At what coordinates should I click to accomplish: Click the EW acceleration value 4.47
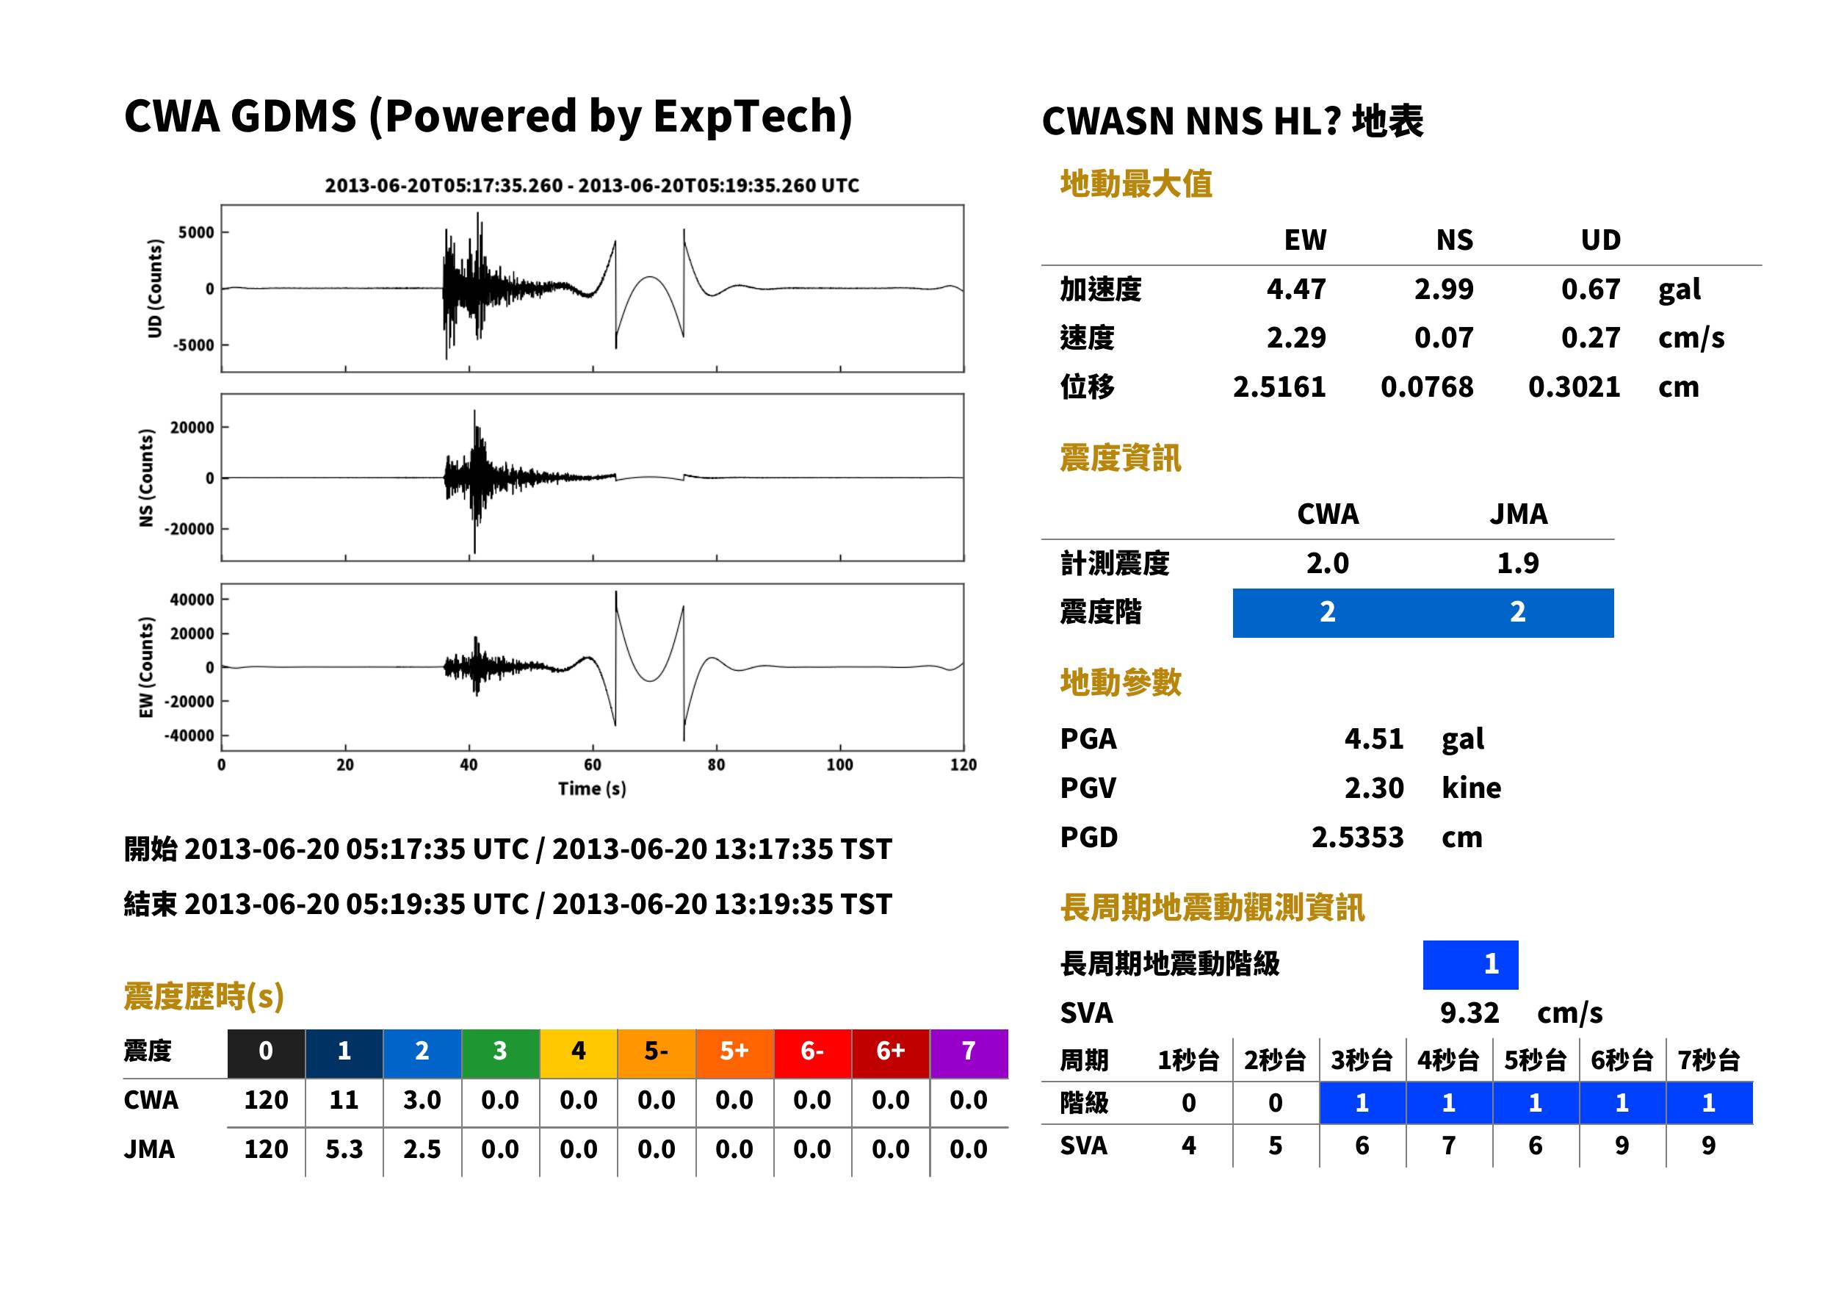click(1295, 289)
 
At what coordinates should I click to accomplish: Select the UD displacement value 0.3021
click(1574, 386)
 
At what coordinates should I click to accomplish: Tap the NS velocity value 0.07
click(1443, 337)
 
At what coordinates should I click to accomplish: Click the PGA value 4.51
click(1373, 738)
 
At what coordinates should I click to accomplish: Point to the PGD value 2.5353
click(1357, 837)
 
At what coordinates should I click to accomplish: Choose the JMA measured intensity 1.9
click(1517, 563)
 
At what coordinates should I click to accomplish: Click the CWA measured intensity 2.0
click(1328, 563)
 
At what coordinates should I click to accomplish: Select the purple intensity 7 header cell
click(969, 1051)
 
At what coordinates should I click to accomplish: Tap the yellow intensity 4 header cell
click(579, 1051)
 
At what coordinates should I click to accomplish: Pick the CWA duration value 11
click(344, 1100)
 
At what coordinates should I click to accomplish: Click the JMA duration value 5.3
click(344, 1150)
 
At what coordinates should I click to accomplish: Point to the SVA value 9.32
click(1469, 1013)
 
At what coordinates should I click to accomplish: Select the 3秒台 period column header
click(1362, 1060)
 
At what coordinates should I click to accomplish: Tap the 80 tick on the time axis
click(716, 765)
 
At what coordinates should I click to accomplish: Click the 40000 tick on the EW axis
click(192, 600)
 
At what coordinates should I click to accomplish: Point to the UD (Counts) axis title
click(155, 289)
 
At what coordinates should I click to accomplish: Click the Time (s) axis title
click(592, 789)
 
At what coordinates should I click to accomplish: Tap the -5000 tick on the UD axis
click(194, 345)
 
